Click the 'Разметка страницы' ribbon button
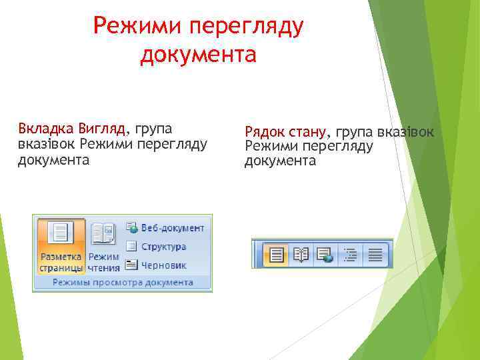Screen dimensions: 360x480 [61, 245]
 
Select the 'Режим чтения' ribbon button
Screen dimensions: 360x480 [103, 245]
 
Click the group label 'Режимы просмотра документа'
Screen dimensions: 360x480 [123, 283]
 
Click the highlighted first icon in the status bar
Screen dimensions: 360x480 [276, 254]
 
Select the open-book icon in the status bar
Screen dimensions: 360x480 [301, 254]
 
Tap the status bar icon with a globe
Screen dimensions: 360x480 [325, 254]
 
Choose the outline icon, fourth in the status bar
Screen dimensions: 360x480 [350, 254]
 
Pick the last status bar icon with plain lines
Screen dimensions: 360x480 [375, 254]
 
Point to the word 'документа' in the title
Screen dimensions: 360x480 [198, 54]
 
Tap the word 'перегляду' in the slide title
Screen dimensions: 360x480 [246, 27]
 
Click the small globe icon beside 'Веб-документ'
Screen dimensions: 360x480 [131, 228]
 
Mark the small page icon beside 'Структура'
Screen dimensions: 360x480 [131, 247]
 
